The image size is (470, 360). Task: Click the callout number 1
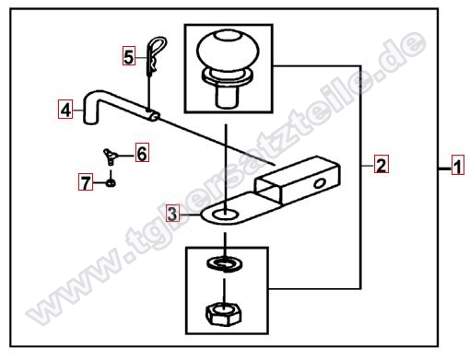tap(458, 166)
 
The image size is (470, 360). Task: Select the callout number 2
tap(381, 165)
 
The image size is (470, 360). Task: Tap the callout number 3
tap(172, 214)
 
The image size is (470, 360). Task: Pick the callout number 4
tap(65, 109)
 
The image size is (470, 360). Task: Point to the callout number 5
tap(129, 56)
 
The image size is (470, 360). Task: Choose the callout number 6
tap(142, 152)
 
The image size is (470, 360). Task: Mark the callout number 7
tap(86, 182)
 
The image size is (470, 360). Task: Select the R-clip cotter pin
tap(155, 56)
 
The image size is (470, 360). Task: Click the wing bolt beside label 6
tap(111, 156)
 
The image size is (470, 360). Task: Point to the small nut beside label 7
tap(112, 183)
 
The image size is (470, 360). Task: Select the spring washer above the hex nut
tap(225, 264)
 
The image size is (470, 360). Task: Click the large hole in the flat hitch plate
tap(225, 215)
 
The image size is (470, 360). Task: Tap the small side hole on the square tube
tap(320, 183)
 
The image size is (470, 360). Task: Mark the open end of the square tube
tap(268, 190)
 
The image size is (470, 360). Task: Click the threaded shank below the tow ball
tap(228, 96)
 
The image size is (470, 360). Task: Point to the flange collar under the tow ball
tap(228, 76)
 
